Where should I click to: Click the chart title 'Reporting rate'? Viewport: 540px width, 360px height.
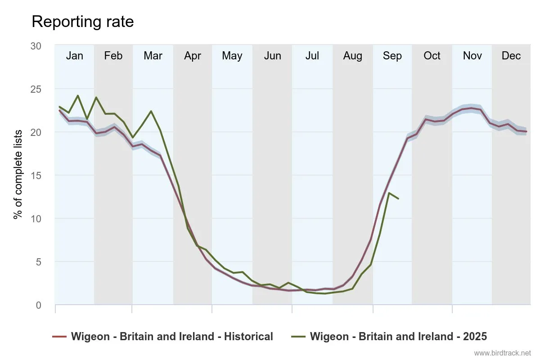(82, 22)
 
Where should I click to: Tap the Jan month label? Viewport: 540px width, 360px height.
(74, 56)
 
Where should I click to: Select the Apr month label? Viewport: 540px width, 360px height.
(193, 56)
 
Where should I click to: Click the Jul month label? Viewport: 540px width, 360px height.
(312, 56)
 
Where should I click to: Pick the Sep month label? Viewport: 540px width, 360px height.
(392, 56)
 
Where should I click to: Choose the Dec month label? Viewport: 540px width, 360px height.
(511, 56)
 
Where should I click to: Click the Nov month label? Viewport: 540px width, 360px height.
(472, 56)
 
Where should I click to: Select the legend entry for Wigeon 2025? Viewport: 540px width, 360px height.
(398, 337)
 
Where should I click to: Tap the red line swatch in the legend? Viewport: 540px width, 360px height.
(59, 337)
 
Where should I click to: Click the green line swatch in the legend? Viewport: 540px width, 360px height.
(298, 337)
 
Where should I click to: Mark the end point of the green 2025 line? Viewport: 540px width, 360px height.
(398, 198)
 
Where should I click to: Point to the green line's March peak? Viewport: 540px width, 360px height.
(151, 111)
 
